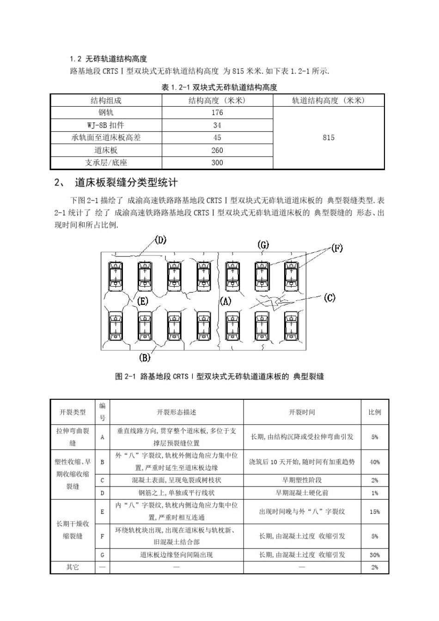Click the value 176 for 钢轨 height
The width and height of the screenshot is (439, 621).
point(217,112)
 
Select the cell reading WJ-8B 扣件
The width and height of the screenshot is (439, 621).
point(106,125)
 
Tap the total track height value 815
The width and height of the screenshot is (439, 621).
point(329,138)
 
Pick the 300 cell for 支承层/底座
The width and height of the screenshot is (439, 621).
point(217,163)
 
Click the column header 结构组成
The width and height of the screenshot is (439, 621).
point(106,100)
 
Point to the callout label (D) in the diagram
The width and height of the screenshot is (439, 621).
point(160,240)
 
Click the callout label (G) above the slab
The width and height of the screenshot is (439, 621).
point(263,245)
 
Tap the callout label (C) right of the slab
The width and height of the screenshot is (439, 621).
point(329,298)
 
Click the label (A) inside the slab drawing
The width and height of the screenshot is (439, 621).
point(226,301)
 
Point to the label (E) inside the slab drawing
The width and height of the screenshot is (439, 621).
point(143,301)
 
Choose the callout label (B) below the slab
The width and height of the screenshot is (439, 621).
point(145,357)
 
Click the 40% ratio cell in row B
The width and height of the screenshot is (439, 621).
point(375,462)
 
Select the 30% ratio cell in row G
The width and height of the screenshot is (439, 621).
point(375,555)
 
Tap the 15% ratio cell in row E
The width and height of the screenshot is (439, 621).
point(375,511)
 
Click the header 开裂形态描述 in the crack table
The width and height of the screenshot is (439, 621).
point(177,412)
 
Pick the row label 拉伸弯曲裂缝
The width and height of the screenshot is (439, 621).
point(73,437)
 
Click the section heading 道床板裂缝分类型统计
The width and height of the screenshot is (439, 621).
point(126,183)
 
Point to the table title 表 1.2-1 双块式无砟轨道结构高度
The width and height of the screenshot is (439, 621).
point(219,87)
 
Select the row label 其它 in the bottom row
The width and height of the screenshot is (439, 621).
point(73,567)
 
